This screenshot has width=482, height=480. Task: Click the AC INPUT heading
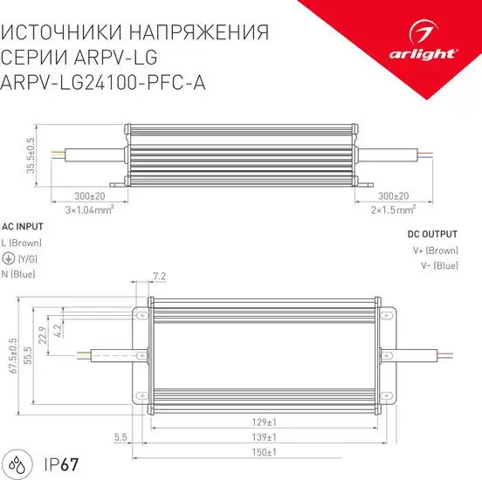click(24, 225)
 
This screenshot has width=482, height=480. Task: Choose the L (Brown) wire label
click(22, 242)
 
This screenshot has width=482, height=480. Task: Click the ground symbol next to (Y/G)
click(8, 258)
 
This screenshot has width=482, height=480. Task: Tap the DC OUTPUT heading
click(433, 234)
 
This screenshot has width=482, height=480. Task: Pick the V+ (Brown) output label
click(435, 250)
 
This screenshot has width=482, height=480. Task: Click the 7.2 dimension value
click(159, 278)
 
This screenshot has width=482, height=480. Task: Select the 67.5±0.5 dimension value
click(13, 355)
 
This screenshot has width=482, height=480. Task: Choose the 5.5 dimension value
click(120, 436)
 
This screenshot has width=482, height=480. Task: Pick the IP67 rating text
click(53, 461)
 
